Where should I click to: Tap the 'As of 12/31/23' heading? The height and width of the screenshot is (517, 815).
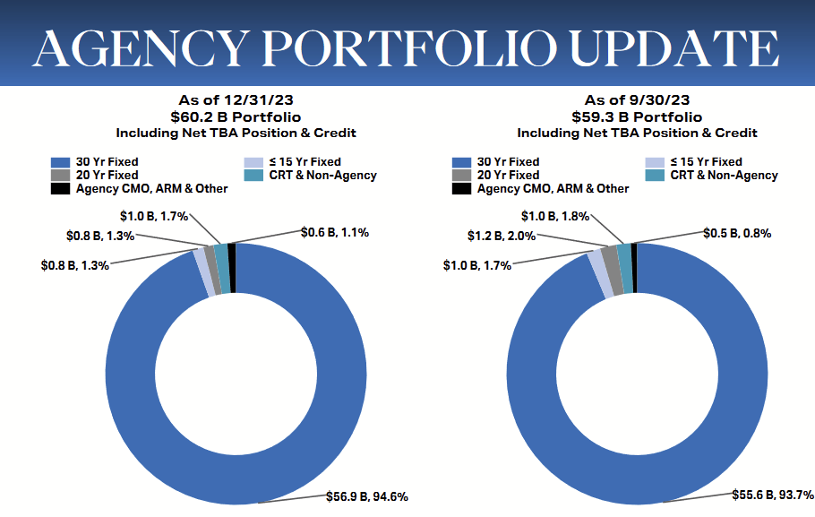[x=236, y=100]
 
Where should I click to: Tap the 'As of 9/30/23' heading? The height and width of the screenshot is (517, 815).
[x=637, y=100]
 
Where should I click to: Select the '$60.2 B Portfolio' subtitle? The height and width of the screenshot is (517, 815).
[x=236, y=116]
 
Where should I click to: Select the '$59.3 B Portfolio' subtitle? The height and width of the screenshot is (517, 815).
[x=637, y=116]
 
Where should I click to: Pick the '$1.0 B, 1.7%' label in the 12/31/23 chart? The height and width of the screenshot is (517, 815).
[x=154, y=216]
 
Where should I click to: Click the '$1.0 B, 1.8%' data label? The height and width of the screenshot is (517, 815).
[x=556, y=216]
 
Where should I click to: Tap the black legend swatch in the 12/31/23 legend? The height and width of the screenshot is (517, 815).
[x=60, y=189]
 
